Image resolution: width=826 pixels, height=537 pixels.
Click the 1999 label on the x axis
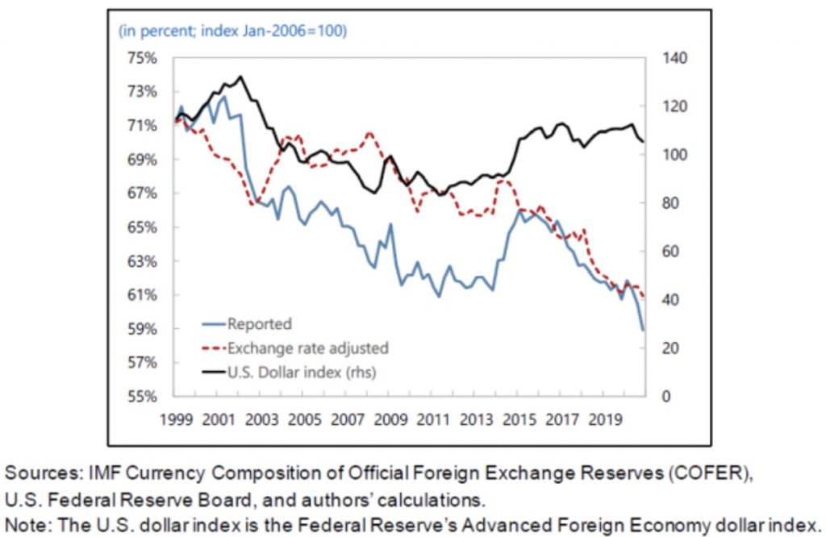[x=174, y=420]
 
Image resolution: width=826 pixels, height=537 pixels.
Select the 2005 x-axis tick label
[x=306, y=420]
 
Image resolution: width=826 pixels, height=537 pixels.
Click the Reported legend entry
[x=259, y=324]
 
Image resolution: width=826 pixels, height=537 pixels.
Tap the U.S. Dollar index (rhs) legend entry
[x=301, y=373]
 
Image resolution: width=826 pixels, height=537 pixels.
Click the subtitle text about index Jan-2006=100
[x=232, y=31]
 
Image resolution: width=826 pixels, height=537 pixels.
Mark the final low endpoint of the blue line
[x=643, y=329]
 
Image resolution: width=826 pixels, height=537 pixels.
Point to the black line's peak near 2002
[x=240, y=77]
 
